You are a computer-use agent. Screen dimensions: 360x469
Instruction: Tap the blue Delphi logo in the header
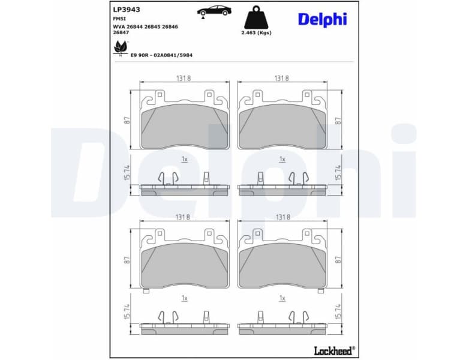[322, 19]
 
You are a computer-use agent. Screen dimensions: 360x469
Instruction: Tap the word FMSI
[119, 19]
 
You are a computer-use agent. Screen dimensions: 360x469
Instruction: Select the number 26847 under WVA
[121, 32]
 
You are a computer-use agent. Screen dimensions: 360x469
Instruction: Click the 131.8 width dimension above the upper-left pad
[184, 78]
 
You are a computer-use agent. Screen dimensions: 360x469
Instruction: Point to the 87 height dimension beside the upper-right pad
[338, 121]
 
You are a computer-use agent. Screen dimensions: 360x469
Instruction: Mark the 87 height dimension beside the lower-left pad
[127, 259]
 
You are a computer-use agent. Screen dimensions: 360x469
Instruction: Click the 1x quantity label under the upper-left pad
[184, 159]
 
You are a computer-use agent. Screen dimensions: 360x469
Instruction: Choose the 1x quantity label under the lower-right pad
[282, 298]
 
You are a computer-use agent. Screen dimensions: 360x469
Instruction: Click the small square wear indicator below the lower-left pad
[146, 291]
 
